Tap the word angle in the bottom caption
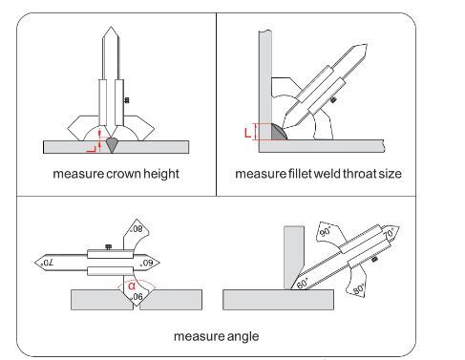pos(243,337)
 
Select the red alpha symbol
pos(132,286)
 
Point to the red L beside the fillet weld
pos(247,133)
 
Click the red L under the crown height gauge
pos(91,149)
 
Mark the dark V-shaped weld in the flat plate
pos(112,145)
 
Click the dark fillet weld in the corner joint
pos(278,133)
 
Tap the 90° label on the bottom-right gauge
pos(325,231)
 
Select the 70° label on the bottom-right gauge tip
pos(389,234)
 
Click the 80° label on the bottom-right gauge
pos(358,289)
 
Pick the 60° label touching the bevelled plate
pos(303,284)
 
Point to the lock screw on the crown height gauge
pos(126,100)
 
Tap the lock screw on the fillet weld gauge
pos(334,100)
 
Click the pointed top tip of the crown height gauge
pos(111,27)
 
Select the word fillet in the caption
pos(300,174)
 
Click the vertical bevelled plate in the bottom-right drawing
pos(293,255)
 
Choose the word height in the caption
pos(161,174)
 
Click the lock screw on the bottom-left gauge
pos(108,246)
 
